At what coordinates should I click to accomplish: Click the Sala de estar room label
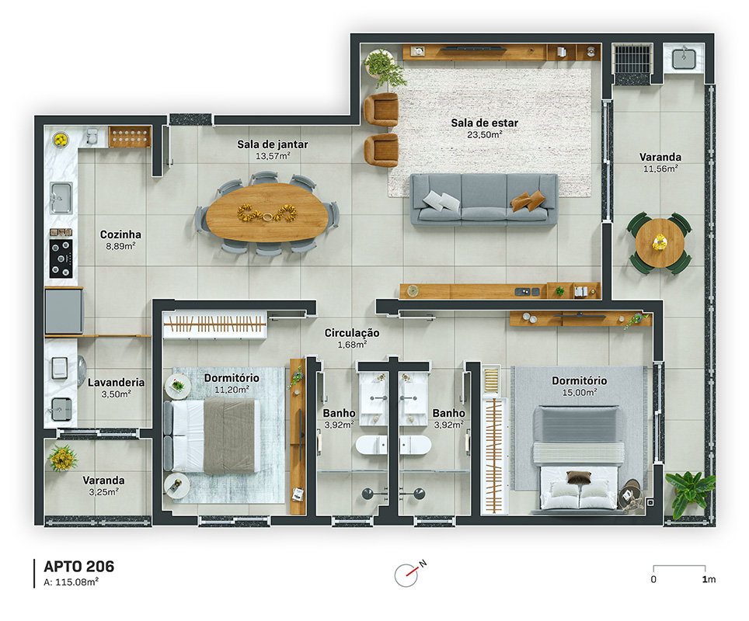484,123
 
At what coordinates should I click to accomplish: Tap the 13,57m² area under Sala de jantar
273,155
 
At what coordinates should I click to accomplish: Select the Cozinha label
120,234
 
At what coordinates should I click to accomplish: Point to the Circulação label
352,333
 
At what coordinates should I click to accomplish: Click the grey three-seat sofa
484,199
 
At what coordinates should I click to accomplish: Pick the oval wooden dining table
267,213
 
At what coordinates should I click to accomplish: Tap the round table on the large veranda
660,243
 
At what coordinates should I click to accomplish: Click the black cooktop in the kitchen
61,258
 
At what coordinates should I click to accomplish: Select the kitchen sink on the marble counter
61,198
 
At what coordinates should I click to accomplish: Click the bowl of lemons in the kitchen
60,140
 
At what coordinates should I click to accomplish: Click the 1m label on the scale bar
709,580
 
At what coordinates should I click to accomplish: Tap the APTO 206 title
78,567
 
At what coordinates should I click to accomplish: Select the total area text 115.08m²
77,582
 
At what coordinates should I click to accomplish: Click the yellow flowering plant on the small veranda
63,457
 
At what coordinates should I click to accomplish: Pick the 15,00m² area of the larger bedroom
580,392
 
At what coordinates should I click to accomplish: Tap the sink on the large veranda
684,58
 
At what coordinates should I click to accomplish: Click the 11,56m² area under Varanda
660,168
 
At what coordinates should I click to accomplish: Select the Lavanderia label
116,383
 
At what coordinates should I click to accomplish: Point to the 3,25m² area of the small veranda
103,491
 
